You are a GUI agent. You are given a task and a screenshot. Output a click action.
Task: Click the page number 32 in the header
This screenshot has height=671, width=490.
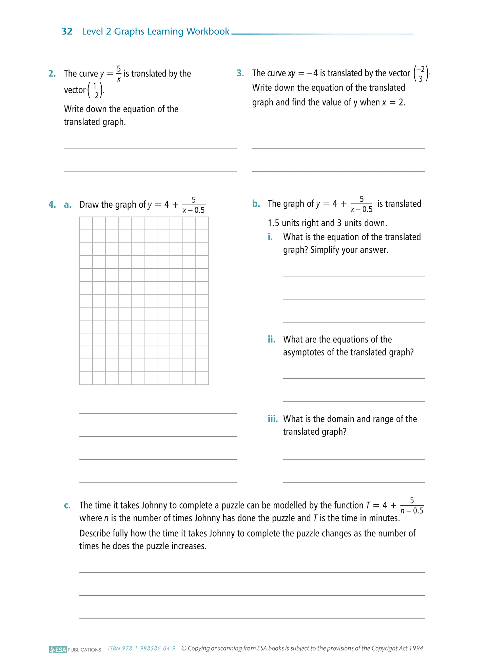click(x=67, y=32)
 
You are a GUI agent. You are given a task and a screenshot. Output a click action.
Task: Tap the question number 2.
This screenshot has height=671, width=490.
click(x=52, y=74)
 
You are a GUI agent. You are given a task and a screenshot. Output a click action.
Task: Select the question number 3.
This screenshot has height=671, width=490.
click(x=240, y=73)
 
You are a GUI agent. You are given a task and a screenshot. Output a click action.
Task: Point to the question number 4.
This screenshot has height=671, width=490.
click(x=52, y=205)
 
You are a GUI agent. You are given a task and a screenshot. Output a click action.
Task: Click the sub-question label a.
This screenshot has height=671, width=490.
click(x=67, y=205)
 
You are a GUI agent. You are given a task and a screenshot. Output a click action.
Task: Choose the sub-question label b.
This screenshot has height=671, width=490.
click(x=256, y=204)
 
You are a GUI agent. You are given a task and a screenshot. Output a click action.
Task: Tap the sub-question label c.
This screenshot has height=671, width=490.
click(x=67, y=505)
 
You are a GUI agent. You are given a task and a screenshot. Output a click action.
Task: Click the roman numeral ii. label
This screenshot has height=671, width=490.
click(x=271, y=340)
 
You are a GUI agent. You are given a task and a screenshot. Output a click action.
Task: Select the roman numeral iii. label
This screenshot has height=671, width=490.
click(x=273, y=419)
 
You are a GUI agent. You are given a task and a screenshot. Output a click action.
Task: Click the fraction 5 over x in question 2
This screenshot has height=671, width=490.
click(x=119, y=74)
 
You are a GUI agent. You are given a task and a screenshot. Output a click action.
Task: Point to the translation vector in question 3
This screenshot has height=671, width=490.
click(x=420, y=74)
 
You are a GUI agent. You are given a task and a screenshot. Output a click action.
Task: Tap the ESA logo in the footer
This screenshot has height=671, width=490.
click(x=58, y=650)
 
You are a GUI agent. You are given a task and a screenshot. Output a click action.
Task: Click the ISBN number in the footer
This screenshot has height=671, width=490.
click(x=141, y=649)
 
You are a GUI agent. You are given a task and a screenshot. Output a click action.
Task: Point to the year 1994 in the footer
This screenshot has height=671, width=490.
click(x=417, y=648)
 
